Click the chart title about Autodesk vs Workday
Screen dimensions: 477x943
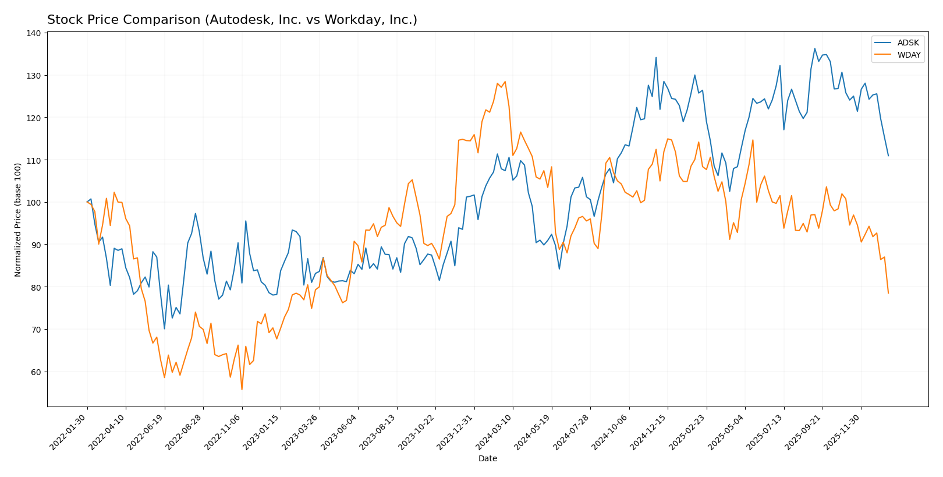[x=232, y=20]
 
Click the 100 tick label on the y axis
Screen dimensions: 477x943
[x=34, y=203]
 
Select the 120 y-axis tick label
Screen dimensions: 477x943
[x=34, y=118]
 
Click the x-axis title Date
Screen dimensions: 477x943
[x=487, y=459]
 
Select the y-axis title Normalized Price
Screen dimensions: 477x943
[x=18, y=220]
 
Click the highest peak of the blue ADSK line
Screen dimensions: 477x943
[x=814, y=48]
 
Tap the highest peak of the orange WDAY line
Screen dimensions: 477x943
[x=505, y=82]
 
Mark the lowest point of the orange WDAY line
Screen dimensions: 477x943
[x=242, y=390]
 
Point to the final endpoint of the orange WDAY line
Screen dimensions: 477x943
[x=888, y=293]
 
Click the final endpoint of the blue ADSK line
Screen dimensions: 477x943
[x=888, y=156]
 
